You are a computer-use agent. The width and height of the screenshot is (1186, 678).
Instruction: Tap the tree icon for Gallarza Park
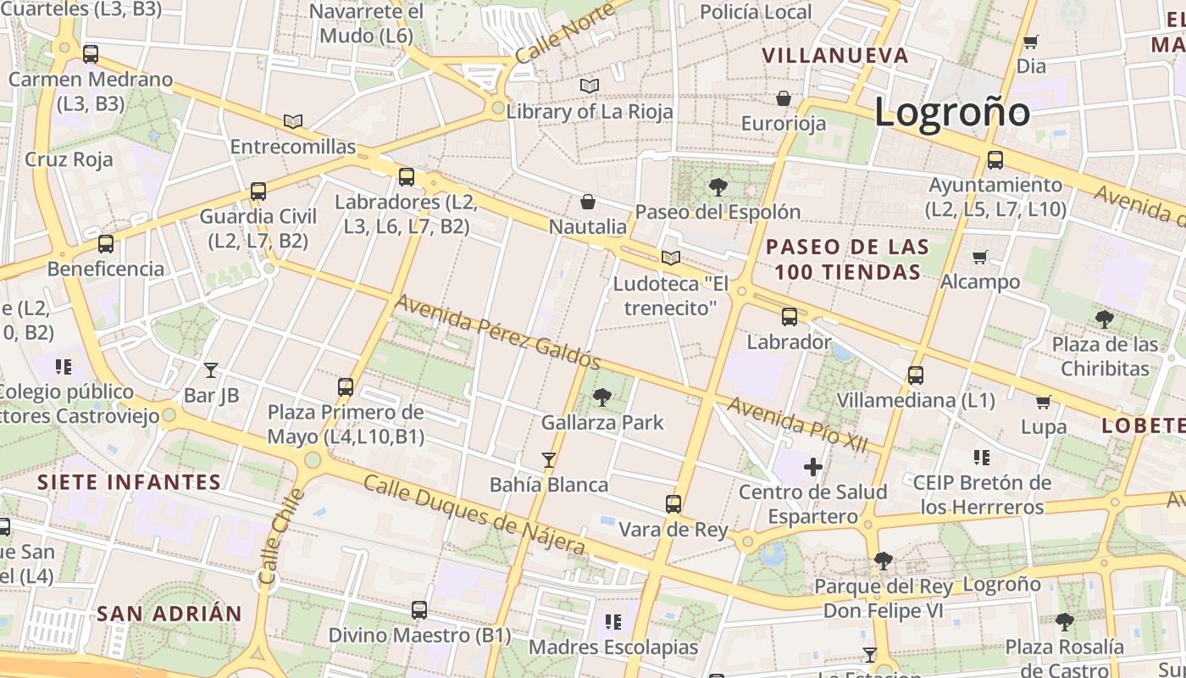click(x=602, y=397)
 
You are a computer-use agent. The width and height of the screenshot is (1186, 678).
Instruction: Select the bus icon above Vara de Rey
click(x=673, y=504)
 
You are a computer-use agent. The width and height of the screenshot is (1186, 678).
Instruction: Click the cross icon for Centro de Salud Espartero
click(x=813, y=466)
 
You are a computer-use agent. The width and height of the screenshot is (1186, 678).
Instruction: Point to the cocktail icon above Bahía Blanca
click(x=549, y=460)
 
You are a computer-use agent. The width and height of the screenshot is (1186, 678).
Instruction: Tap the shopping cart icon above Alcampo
click(x=980, y=257)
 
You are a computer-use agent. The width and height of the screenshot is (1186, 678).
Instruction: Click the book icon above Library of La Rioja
click(x=590, y=86)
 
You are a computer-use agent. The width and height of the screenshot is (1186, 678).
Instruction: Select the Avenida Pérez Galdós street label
click(x=497, y=331)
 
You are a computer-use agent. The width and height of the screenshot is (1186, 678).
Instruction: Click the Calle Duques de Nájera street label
click(x=474, y=514)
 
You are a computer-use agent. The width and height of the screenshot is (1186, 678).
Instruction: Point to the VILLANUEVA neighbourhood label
click(x=834, y=56)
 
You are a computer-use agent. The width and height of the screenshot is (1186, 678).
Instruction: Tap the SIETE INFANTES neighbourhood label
click(x=129, y=482)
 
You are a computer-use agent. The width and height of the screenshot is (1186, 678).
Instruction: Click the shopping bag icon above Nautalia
click(x=587, y=202)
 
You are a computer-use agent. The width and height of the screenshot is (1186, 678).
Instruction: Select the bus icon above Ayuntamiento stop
click(x=995, y=159)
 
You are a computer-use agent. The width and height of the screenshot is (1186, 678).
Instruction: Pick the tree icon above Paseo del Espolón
click(x=718, y=186)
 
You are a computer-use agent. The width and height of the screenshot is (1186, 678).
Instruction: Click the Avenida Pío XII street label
click(x=797, y=425)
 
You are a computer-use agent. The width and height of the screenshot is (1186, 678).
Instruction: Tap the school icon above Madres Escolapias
click(x=613, y=622)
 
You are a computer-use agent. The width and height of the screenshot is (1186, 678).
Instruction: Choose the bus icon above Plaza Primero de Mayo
click(x=346, y=387)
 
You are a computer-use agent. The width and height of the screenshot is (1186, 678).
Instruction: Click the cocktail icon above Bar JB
click(x=211, y=370)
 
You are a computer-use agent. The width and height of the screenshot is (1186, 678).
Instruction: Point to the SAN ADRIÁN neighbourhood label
click(x=169, y=614)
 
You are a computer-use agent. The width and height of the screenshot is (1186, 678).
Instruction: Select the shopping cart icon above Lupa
click(x=1044, y=402)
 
